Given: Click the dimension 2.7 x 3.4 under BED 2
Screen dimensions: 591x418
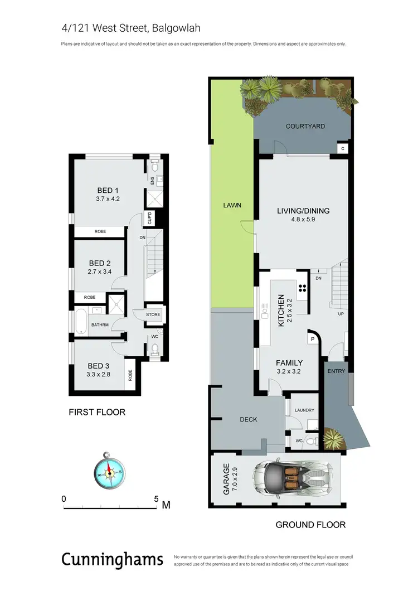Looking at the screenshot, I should click(100, 272).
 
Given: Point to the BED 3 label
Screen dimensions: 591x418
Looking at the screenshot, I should click(99, 366).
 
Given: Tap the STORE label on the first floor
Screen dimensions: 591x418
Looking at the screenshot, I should click(153, 314).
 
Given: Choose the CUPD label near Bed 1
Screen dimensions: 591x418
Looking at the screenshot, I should click(149, 219).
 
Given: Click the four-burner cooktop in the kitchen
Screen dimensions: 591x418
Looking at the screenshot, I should click(303, 288).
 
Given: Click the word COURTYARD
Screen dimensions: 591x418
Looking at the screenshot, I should click(305, 126).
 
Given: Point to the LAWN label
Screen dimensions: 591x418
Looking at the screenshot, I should click(233, 205).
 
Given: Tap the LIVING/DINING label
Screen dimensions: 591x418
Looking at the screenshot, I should click(303, 211).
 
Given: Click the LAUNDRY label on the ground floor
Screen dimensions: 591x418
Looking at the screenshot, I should click(304, 410).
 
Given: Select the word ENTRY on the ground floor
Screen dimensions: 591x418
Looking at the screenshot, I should click(336, 371).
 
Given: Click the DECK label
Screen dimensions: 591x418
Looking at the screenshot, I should click(249, 419).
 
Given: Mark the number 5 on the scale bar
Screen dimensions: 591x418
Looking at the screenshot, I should click(157, 498).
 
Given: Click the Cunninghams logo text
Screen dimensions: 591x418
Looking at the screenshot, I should click(112, 559).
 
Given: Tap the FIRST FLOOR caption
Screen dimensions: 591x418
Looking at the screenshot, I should click(97, 413).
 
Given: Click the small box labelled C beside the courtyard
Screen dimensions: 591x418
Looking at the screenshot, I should click(343, 148).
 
